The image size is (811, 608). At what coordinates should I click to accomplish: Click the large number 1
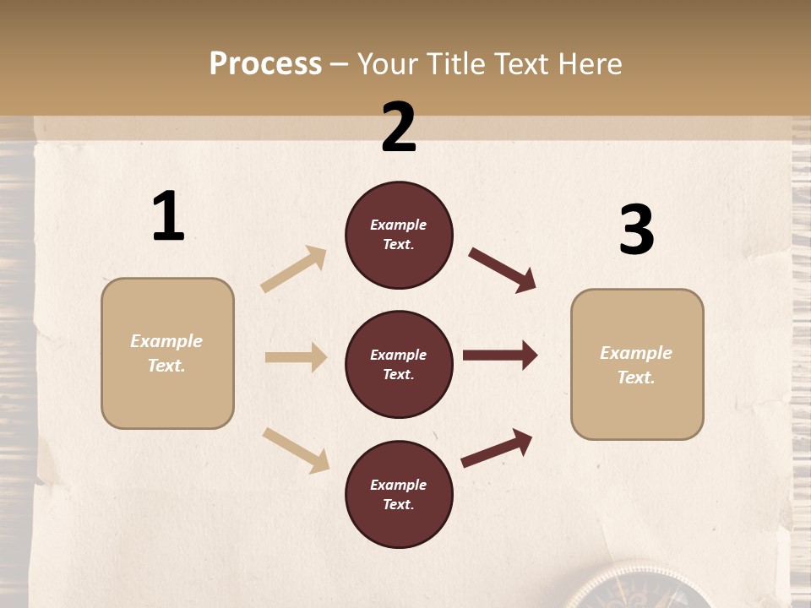(x=168, y=217)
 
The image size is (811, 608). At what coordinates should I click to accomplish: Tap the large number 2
(x=399, y=128)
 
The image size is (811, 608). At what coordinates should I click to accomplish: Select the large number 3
(x=636, y=231)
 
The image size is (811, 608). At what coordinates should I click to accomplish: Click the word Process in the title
(x=265, y=63)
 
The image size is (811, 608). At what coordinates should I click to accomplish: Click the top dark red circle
(x=399, y=235)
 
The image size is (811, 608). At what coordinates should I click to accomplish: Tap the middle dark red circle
(x=399, y=364)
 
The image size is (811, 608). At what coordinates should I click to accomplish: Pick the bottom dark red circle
(x=399, y=494)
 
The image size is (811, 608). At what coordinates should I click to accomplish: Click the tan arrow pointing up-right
(x=294, y=269)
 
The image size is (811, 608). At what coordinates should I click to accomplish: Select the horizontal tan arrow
(x=296, y=357)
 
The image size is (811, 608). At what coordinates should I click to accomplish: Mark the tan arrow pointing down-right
(x=296, y=450)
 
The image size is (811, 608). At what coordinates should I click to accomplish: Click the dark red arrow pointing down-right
(x=503, y=270)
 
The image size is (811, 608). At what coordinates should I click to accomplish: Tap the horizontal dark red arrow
(x=500, y=356)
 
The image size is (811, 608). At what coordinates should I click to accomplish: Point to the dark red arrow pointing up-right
(x=497, y=448)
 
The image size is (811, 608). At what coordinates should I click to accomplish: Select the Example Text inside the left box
(x=166, y=353)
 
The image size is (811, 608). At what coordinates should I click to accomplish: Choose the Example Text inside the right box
(x=636, y=365)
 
